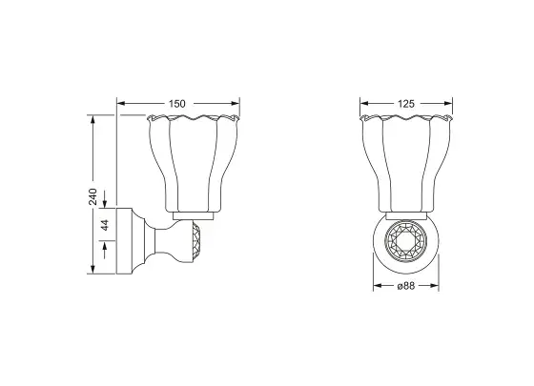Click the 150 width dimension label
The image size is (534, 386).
(x=177, y=104)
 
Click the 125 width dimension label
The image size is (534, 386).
(x=406, y=104)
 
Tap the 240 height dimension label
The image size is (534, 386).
(x=93, y=196)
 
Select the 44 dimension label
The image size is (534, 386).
(x=105, y=225)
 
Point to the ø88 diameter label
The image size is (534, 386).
(x=406, y=286)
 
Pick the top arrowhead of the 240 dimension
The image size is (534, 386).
(x=92, y=120)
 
